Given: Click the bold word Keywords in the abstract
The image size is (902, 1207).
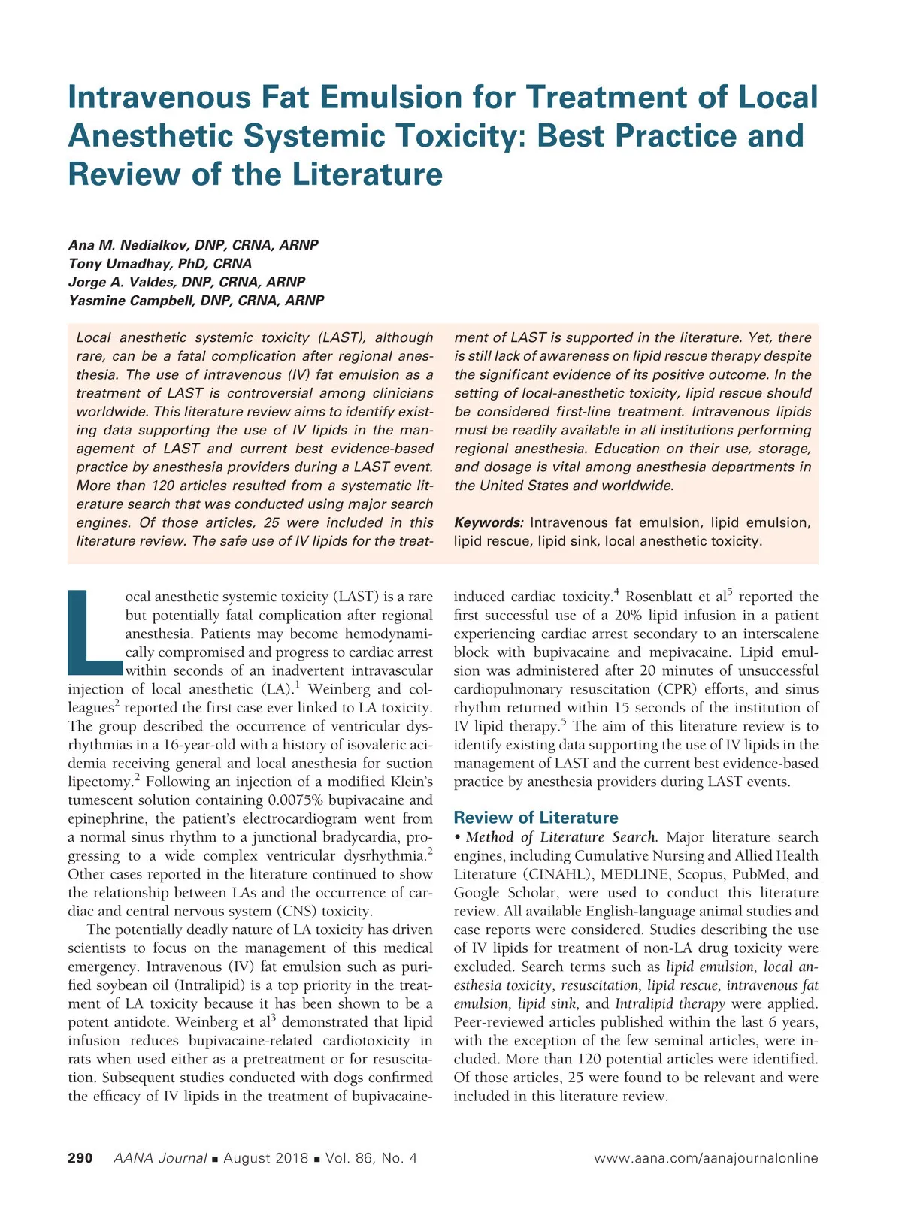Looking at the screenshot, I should pos(488,522).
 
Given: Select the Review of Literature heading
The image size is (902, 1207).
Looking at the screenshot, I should pos(535,818).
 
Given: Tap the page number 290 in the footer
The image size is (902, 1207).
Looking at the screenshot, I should pos(80,1158).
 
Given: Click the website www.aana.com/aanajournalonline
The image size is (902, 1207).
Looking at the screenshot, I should pos(705,1158).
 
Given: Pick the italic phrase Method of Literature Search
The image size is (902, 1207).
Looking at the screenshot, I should pos(561,837).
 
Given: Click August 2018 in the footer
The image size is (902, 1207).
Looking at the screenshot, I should pos(265,1158).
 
